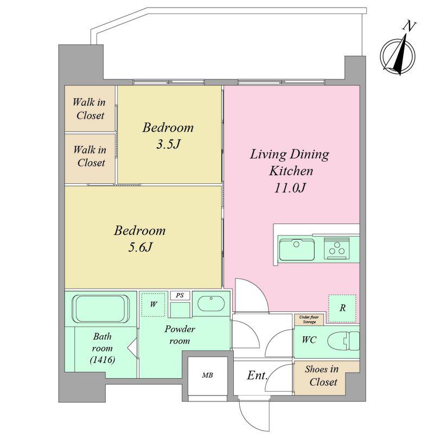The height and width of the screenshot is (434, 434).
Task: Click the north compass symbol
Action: click(398, 55)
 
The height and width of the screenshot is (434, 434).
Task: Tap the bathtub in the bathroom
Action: click(101, 309)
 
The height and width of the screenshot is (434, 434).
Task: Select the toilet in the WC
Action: click(343, 341)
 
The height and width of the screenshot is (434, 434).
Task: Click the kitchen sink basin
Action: click(296, 250)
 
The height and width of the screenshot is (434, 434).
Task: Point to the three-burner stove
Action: click(337, 248)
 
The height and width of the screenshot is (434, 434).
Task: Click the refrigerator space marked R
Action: click(342, 308)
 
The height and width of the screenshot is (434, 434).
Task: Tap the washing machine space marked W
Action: click(154, 304)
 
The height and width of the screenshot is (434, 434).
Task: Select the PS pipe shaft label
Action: click(180, 295)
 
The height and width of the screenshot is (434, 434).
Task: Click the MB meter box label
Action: click(207, 375)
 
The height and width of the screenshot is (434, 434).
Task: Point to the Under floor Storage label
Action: click(309, 320)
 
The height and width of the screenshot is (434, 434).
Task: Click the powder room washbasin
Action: click(211, 304)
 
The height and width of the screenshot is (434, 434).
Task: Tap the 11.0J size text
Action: click(290, 188)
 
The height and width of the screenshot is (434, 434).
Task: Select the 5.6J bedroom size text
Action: click(141, 247)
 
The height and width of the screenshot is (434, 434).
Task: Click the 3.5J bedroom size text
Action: click(168, 144)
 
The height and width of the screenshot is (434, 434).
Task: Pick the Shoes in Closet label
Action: click(322, 375)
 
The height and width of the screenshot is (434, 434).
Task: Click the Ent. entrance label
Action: click(257, 375)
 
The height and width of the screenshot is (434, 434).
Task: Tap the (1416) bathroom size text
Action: click(103, 360)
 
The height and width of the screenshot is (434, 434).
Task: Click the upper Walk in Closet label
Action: click(89, 109)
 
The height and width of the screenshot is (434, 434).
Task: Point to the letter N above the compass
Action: click(409, 26)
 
